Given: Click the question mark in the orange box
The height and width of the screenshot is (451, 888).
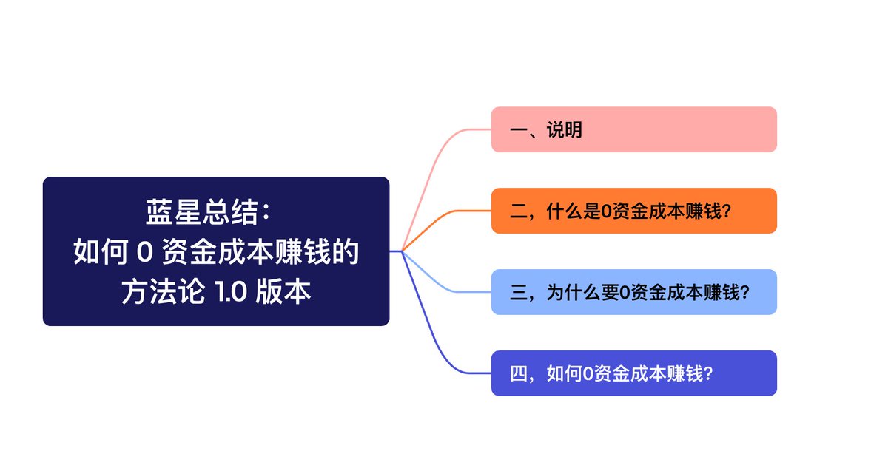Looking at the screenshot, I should [726, 211].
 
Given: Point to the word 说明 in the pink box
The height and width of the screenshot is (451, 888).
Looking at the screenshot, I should [564, 130].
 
